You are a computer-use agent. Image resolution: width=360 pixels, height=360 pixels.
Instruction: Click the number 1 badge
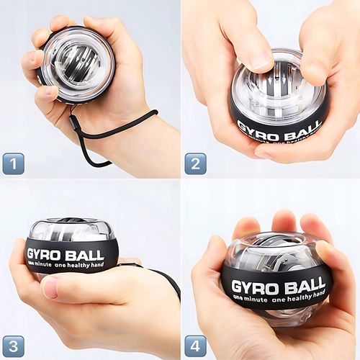pos(14,163)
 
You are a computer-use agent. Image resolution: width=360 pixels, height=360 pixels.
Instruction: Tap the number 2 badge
pos(195,163)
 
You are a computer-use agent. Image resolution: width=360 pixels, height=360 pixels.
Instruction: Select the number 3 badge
pos(14,346)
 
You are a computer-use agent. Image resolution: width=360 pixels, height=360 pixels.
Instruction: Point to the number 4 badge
pos(195,346)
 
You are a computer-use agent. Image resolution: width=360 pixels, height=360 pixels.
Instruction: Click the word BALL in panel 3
pos(84,256)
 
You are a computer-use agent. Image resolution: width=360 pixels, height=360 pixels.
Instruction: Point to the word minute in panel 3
pos(42,265)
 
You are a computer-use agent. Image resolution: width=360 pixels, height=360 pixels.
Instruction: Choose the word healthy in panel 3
pos(78,265)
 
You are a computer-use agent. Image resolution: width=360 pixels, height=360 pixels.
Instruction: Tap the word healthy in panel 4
pos(301,298)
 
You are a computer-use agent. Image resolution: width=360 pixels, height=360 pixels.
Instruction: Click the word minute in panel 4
pos(256,300)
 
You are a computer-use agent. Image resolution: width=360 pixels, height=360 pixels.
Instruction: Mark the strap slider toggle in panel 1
pos(74,124)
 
